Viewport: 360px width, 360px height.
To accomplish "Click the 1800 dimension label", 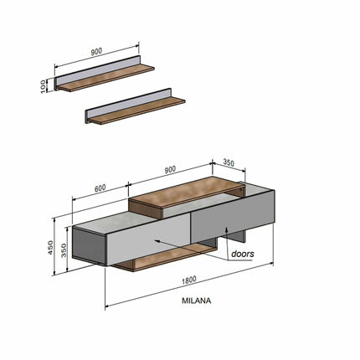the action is [x=189, y=280].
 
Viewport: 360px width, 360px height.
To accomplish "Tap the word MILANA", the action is [x=197, y=301].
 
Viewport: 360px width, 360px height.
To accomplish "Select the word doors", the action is [x=243, y=254].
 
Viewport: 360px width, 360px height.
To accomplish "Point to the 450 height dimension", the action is [x=50, y=247].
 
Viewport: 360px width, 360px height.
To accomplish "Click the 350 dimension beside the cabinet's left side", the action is [x=64, y=250].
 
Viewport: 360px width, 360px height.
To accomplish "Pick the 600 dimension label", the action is [x=100, y=188].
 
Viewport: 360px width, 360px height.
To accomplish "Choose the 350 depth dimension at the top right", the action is [x=229, y=162].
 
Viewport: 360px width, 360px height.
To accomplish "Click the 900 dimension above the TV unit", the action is [x=170, y=169].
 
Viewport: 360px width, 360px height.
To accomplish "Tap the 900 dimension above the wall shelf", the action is [x=96, y=52].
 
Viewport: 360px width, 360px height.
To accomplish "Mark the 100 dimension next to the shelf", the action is [x=44, y=86].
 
